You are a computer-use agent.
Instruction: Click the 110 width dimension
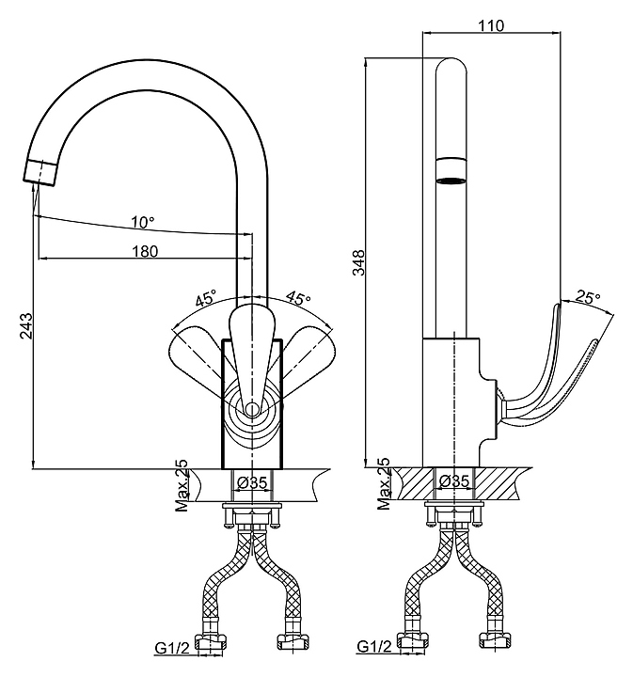pos(491,26)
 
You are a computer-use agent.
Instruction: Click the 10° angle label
pos(143,223)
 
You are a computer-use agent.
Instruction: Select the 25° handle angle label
pos(588,298)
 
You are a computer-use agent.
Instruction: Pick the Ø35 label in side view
pos(455,482)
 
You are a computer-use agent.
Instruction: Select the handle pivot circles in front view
pos(252,409)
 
